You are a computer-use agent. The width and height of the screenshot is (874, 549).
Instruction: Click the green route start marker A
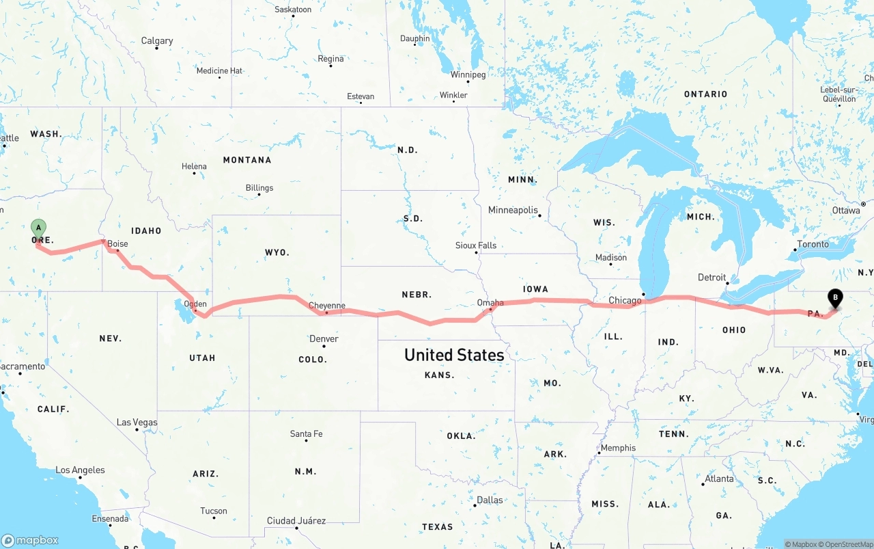click(39, 228)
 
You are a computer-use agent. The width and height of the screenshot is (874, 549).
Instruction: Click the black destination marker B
click(834, 297)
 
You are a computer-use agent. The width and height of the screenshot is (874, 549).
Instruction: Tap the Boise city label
click(117, 244)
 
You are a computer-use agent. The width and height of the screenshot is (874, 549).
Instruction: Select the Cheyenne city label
click(327, 306)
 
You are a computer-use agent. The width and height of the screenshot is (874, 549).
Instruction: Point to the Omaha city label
click(490, 303)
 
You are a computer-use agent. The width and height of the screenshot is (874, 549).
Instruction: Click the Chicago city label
click(625, 300)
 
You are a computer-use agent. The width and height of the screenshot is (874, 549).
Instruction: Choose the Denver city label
click(324, 338)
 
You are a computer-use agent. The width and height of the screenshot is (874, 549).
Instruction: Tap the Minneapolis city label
click(513, 210)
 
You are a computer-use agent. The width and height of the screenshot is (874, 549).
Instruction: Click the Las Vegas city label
click(137, 423)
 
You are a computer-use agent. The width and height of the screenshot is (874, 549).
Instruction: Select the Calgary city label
click(157, 41)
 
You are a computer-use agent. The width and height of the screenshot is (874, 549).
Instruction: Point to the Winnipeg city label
click(468, 75)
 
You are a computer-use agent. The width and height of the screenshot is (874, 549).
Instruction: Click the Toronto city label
click(813, 244)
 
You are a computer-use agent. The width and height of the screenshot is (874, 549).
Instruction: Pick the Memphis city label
click(617, 448)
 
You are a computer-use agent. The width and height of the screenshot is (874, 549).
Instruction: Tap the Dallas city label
click(490, 500)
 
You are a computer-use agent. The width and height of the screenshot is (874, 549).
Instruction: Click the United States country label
click(454, 355)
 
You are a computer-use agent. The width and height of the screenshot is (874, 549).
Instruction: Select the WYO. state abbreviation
click(277, 252)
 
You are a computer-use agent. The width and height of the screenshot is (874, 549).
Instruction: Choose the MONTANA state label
click(246, 160)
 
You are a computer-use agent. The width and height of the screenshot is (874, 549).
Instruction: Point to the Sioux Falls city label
click(476, 245)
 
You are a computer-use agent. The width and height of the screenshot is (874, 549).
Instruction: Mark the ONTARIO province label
click(705, 94)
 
